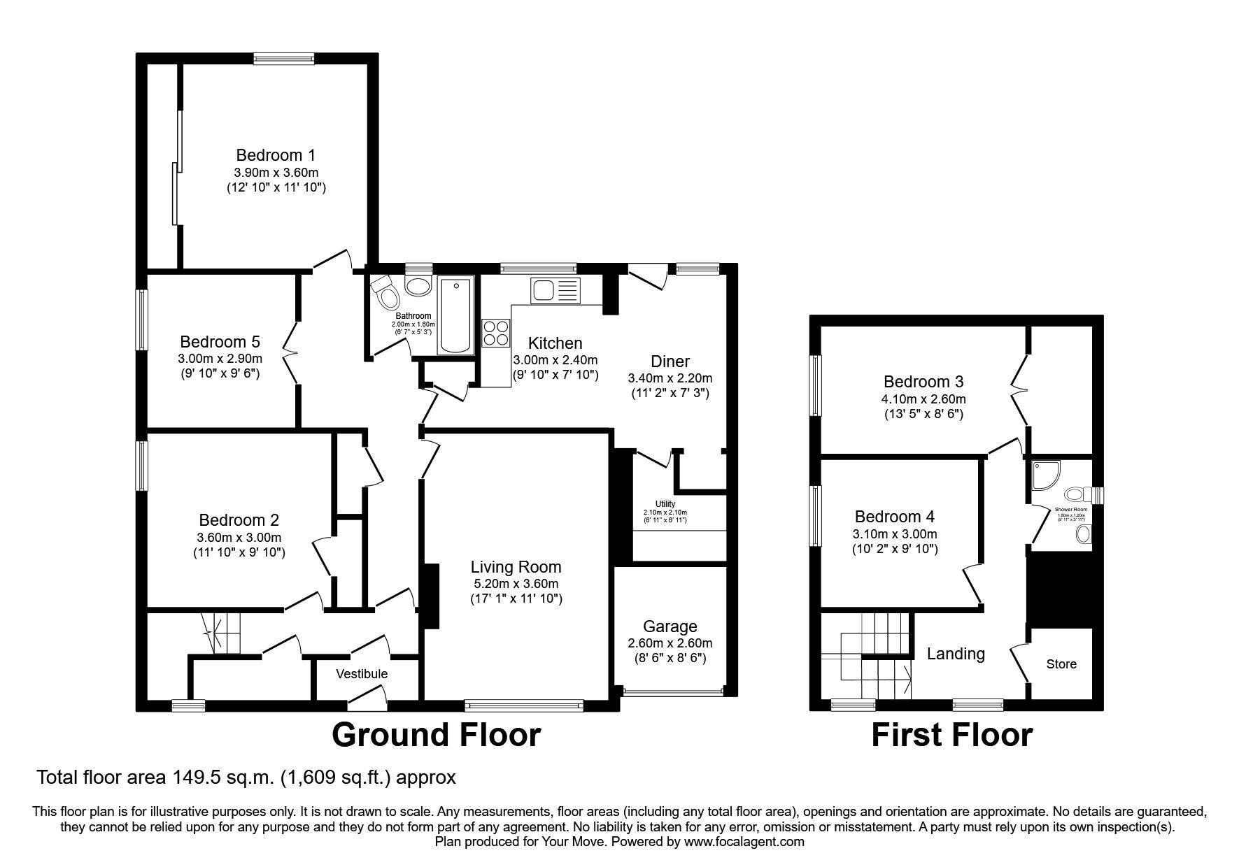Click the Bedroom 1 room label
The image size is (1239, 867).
276,155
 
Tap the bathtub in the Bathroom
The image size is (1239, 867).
455,315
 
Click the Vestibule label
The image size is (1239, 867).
361,674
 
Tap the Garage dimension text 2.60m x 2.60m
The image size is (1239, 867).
670,643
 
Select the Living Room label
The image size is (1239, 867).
516,567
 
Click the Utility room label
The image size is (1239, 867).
665,503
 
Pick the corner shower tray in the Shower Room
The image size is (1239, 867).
1044,475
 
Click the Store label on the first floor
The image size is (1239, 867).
1061,664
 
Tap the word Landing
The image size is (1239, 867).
955,654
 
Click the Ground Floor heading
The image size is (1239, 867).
435,735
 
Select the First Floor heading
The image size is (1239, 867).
951,735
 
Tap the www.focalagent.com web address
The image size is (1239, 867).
744,842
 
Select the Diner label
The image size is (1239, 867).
670,361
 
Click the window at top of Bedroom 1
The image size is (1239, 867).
283,59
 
